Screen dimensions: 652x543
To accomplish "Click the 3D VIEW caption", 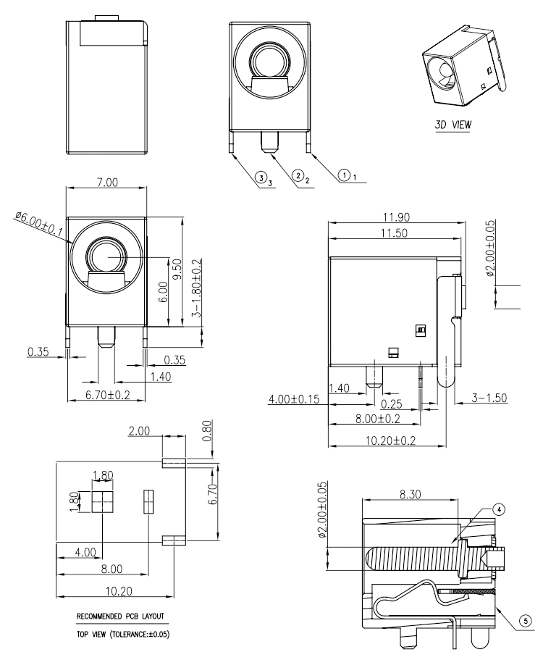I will click(x=452, y=124).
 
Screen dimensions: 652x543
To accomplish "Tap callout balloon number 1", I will click(x=345, y=174).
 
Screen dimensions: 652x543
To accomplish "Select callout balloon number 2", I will click(x=298, y=175).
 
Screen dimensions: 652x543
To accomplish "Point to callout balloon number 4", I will click(x=499, y=510).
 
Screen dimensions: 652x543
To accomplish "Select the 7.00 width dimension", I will click(x=107, y=183).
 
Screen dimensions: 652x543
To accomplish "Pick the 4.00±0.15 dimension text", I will click(x=294, y=399).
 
